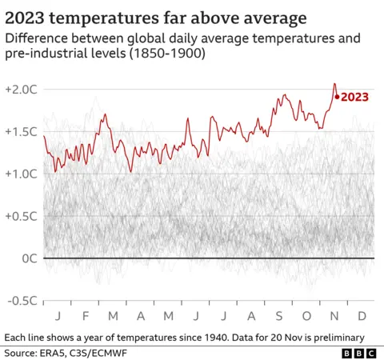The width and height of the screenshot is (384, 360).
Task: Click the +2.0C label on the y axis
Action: pos(22,89)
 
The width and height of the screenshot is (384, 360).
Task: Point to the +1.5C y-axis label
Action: pos(22,131)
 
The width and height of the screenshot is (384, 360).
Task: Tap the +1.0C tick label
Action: pos(22,174)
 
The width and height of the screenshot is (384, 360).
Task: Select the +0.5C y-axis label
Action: pos(22,216)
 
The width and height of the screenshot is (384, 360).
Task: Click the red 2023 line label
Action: pos(355,97)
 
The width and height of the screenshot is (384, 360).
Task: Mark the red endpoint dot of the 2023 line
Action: pos(338,97)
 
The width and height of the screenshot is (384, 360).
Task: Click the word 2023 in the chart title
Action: pos(30,16)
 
